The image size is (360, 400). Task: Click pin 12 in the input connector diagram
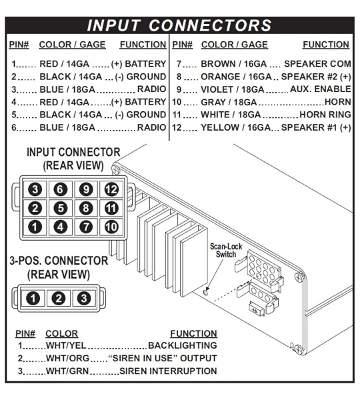111,189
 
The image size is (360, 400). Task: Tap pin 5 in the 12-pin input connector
61,208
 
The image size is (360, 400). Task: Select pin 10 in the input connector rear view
111,227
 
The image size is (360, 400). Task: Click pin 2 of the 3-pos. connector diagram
59,298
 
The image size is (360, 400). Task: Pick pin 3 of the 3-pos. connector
84,298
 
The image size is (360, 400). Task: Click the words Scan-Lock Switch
226,250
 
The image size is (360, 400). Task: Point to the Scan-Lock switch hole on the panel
205,292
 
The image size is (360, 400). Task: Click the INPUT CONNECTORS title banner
179,25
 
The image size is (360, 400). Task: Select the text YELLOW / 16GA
235,127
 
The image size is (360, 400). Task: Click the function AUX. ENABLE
321,89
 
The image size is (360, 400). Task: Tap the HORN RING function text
325,115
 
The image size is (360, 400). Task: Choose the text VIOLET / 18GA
233,89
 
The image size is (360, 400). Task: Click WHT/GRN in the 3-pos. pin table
67,371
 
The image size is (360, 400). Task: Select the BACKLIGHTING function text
183,345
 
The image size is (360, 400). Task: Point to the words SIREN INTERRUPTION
168,371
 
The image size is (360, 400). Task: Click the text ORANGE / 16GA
236,77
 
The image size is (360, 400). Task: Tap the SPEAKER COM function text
317,64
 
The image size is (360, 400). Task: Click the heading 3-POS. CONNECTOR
59,261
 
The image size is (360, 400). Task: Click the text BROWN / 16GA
234,64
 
